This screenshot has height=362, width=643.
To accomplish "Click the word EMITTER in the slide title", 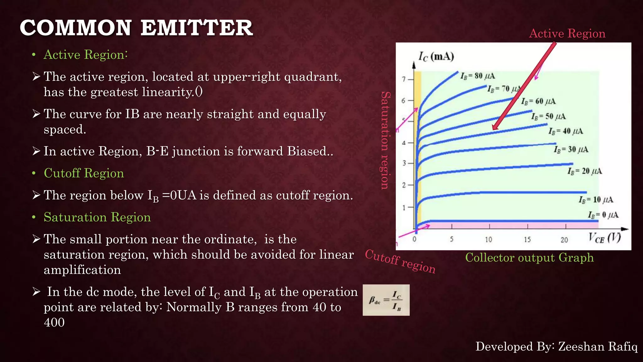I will point(197,28).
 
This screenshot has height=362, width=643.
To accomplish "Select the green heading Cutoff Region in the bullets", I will point(84,173).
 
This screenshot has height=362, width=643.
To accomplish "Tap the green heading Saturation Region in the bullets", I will point(97,217).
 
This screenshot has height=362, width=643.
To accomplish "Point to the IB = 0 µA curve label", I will point(603,215).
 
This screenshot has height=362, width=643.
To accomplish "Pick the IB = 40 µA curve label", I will point(566,131).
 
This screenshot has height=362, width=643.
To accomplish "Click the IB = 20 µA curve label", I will point(585,171).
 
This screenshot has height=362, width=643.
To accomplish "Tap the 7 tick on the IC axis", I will point(404,79).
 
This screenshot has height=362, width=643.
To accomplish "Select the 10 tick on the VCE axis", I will point(489,240).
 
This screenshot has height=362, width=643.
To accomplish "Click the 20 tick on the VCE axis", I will point(564,240).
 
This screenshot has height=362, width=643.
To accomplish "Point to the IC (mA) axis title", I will point(436,57).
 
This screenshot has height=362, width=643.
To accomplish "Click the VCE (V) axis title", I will point(604,238).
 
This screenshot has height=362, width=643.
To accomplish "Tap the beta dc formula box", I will point(386,300).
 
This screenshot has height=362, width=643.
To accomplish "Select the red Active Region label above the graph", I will point(567,33).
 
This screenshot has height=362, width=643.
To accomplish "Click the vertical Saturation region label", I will point(385,140).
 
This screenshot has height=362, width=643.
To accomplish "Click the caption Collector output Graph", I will point(529,258).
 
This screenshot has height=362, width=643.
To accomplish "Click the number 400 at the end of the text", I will point(54,322).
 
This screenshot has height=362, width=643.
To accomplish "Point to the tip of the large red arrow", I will point(494,129).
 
